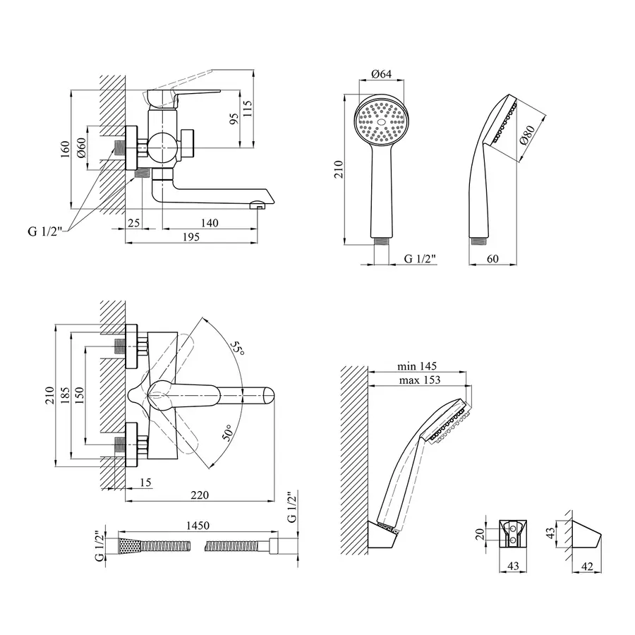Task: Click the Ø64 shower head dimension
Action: click(x=381, y=75)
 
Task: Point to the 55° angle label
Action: click(x=239, y=349)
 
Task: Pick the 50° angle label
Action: click(x=228, y=431)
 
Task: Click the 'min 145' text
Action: click(x=417, y=365)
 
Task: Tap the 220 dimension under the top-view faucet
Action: click(x=200, y=496)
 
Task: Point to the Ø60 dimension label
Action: click(x=82, y=147)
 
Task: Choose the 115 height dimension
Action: click(x=247, y=108)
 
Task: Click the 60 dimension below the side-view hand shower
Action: click(x=492, y=259)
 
